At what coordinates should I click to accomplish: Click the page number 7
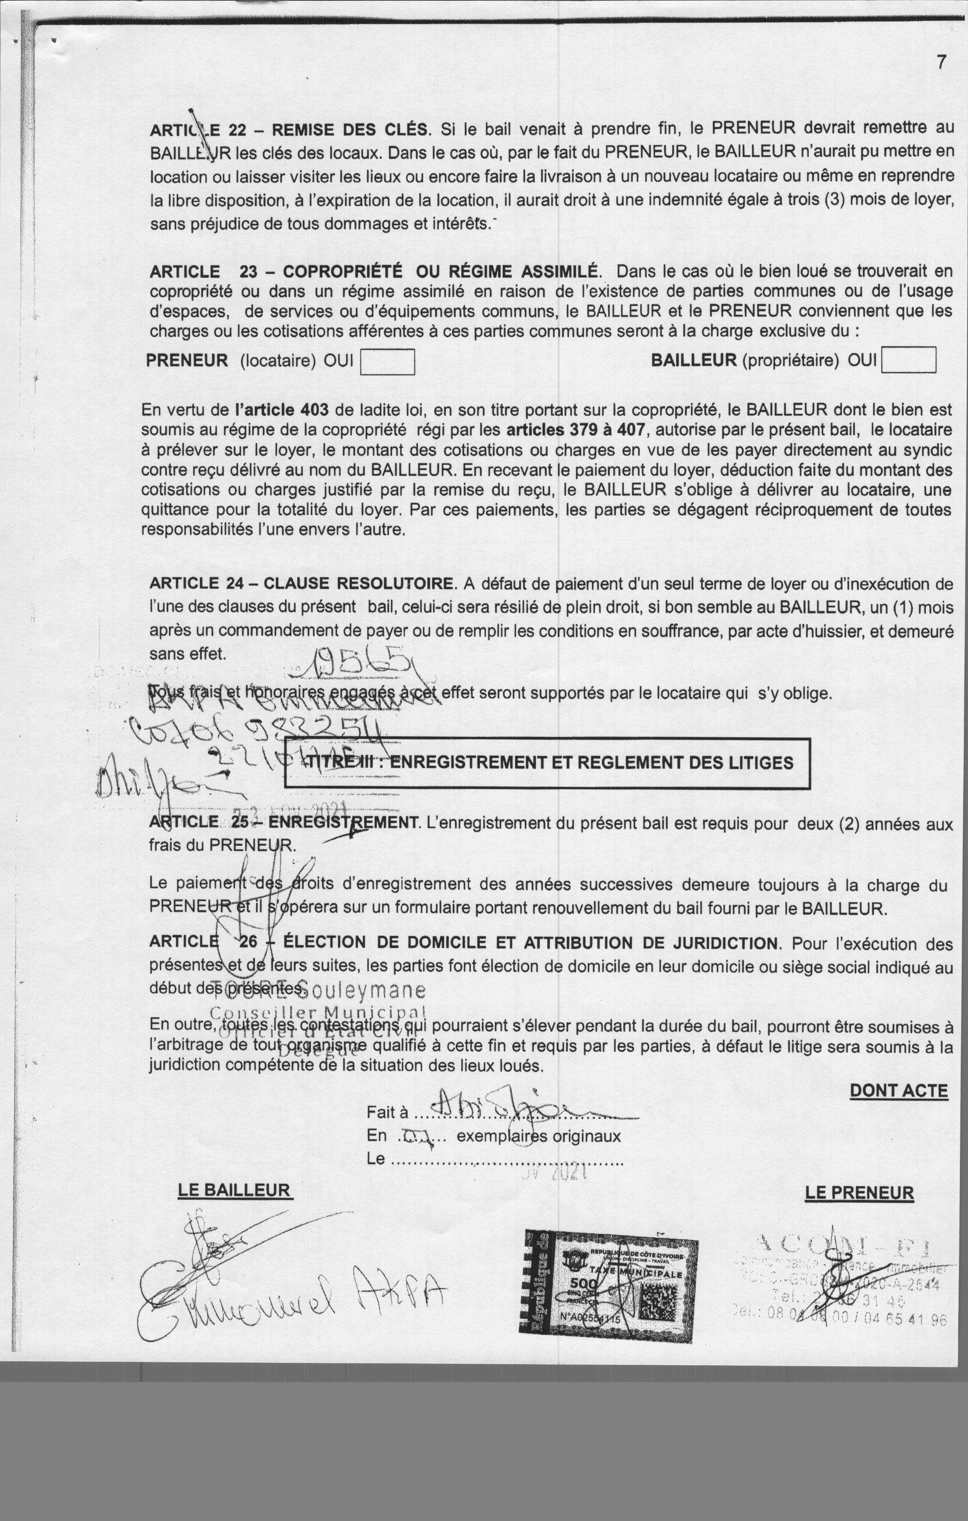941,62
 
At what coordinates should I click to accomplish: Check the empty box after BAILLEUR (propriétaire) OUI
908,361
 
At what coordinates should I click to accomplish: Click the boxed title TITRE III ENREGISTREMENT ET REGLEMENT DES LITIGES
547,763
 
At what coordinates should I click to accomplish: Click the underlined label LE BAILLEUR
235,1191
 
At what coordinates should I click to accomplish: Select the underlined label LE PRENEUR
859,1193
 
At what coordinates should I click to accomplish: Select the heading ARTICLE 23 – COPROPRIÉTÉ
373,272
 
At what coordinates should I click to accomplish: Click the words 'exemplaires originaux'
538,1136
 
